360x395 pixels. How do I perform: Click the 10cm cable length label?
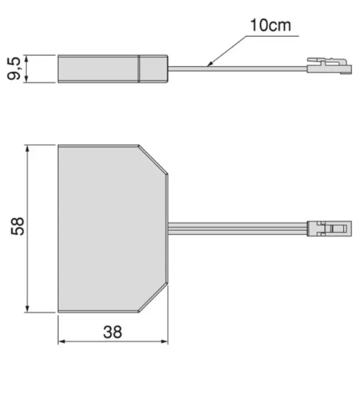[271, 25]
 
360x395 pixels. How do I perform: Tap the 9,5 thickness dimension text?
[14, 69]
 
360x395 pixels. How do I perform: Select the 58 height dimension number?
[17, 226]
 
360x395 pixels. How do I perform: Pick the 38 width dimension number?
[112, 332]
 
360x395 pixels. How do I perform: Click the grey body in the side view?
[112, 69]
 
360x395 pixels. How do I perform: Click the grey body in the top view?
[112, 229]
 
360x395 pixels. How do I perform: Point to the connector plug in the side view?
[329, 66]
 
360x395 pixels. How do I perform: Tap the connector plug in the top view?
[329, 229]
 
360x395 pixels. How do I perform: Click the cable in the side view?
[237, 69]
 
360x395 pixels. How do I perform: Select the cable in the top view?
[237, 229]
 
